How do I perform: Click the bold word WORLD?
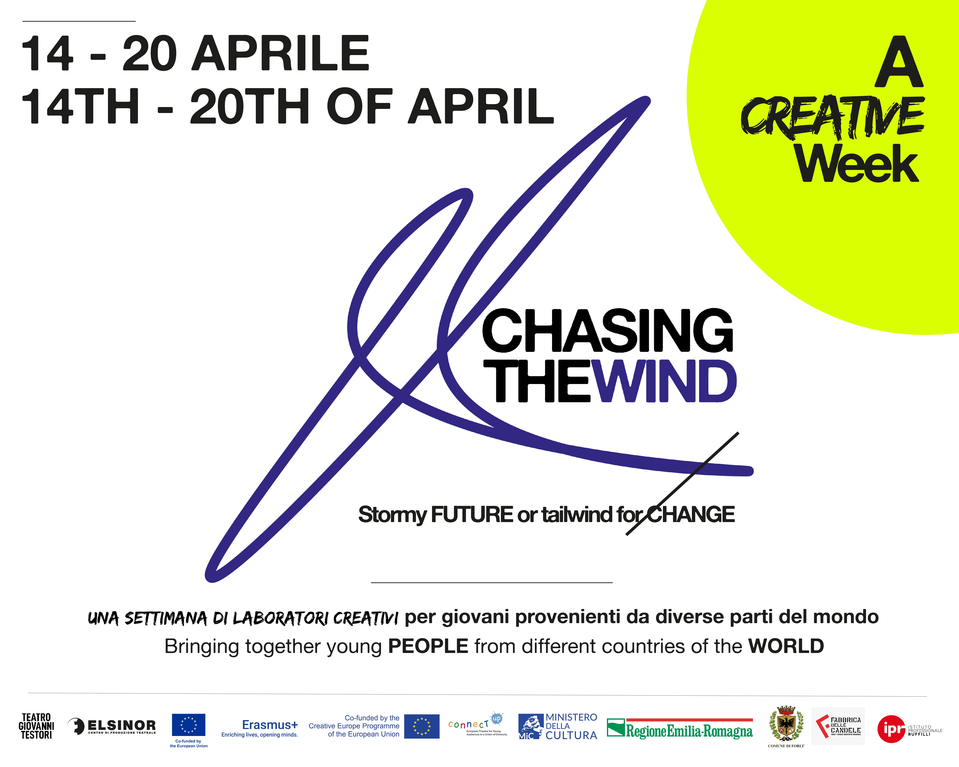click(786, 646)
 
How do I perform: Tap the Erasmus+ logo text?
click(270, 725)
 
